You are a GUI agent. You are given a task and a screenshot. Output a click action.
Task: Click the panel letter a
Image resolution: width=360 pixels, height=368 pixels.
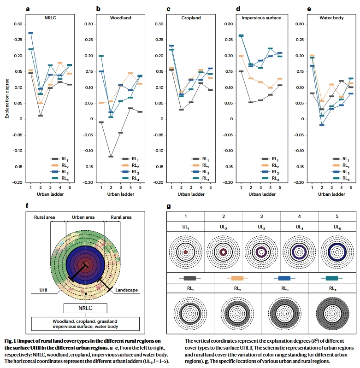tap(28, 8)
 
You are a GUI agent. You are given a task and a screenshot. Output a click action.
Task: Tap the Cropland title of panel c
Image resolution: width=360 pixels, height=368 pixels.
tap(177, 18)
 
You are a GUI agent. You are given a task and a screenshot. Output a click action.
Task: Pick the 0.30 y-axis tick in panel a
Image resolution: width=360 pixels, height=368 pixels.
tap(17, 24)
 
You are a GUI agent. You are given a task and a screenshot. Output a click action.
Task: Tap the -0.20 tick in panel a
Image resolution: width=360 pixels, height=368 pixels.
tap(16, 182)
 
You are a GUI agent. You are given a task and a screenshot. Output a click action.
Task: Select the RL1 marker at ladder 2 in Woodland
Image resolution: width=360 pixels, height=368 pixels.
tap(111, 157)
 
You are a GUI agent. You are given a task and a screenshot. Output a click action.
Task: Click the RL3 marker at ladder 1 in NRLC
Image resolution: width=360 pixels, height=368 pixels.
tap(30, 33)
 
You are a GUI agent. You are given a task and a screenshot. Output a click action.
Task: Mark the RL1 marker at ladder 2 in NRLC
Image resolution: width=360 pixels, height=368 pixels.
tap(40, 116)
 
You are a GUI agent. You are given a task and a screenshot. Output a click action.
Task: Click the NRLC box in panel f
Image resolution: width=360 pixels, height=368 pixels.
tap(85, 308)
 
